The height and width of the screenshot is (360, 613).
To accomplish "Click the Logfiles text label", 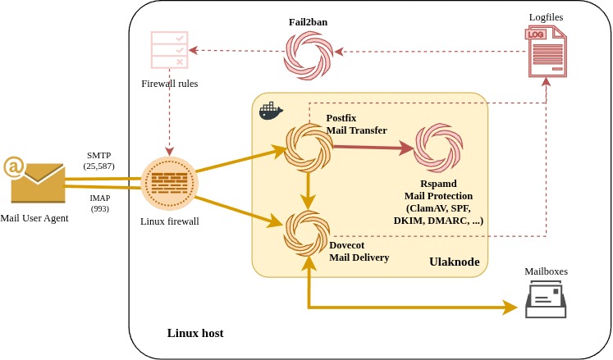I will point(547,16).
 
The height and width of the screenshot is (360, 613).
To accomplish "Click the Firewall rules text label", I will point(170,84).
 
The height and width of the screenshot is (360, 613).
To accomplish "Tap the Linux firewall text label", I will point(170,221).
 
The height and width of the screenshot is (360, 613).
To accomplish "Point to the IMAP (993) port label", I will point(99,203).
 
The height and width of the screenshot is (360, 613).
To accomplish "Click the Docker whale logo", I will point(271,112).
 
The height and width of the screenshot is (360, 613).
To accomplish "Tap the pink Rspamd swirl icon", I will point(438,148).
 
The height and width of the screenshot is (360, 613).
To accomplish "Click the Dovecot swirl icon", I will point(307,235).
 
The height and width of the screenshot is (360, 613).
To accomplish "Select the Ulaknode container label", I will point(454,262).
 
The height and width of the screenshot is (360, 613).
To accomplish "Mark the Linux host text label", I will point(195,333).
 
